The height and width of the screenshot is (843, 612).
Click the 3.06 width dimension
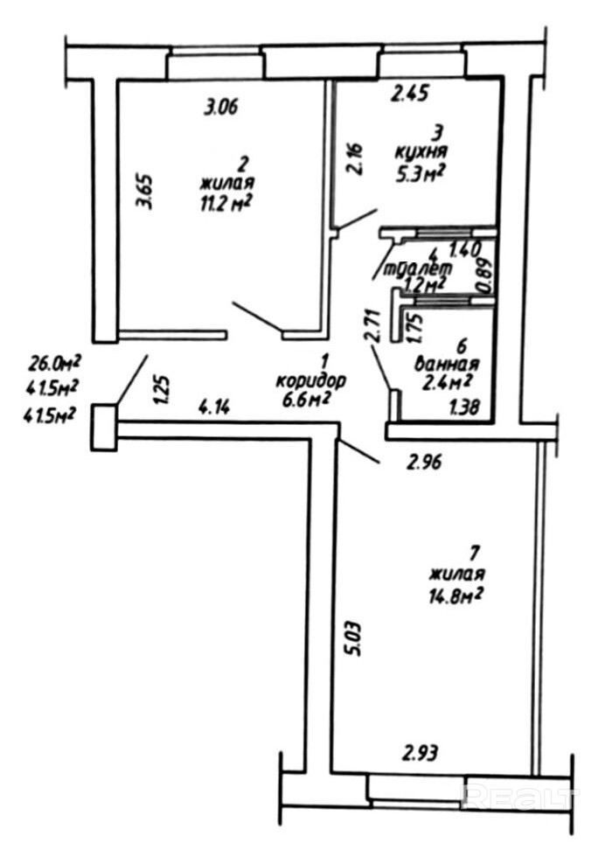point(220,108)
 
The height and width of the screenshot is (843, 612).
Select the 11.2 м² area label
point(226,204)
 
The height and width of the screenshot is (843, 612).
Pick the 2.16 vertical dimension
point(354,158)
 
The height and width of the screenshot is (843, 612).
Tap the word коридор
point(310,380)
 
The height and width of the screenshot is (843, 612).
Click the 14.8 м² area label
point(456,595)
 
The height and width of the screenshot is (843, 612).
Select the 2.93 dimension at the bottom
point(420,751)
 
